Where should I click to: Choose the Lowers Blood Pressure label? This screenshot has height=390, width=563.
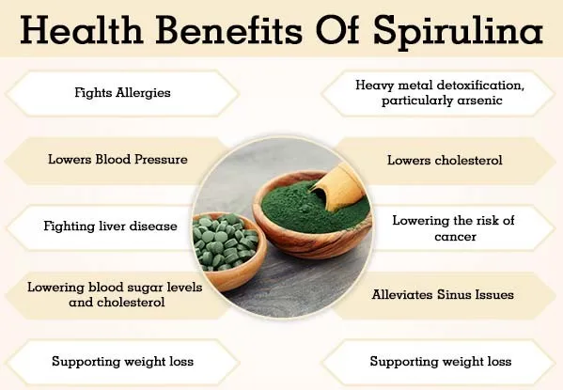coord(117,159)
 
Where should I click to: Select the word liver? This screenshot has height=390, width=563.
coord(122,226)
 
